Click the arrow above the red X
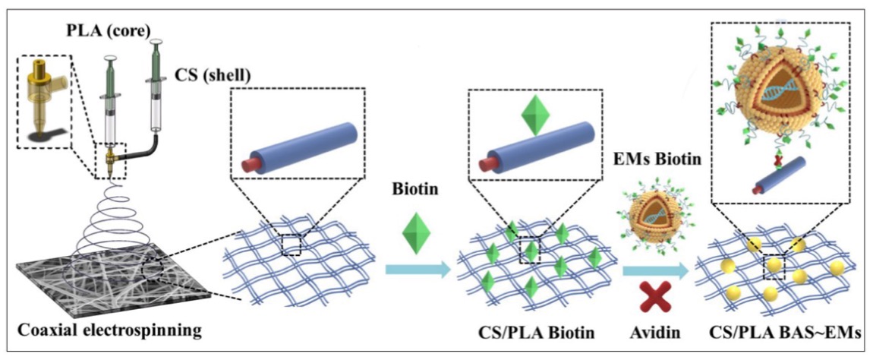tap(651, 268)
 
